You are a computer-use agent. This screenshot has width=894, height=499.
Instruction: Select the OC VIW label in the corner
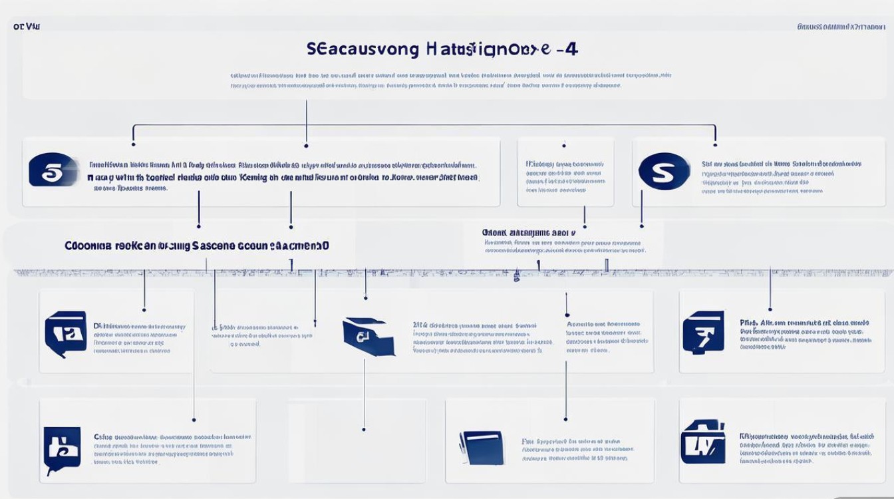click(26, 27)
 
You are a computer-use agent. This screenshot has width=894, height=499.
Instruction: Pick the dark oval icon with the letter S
click(663, 171)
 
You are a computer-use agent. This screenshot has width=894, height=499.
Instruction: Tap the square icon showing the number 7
click(703, 331)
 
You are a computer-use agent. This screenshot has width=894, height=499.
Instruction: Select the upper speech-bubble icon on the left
click(65, 333)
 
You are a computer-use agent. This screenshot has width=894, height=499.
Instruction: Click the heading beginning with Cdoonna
click(197, 246)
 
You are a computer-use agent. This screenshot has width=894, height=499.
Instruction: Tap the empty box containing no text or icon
click(357, 440)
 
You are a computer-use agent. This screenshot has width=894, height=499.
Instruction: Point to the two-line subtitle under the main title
click(450, 81)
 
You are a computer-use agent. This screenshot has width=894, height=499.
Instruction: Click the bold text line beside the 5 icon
click(283, 178)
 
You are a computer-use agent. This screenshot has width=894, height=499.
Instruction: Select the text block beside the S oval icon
click(781, 177)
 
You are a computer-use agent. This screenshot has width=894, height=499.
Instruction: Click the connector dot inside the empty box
click(364, 429)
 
